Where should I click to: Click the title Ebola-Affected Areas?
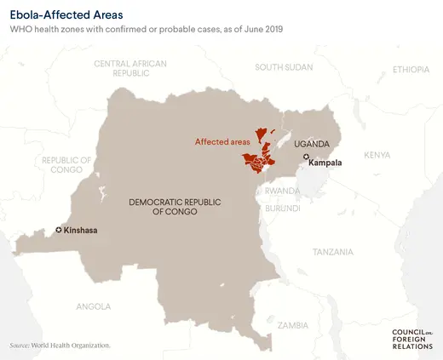[x=66, y=14]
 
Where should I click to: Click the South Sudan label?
[x=284, y=67]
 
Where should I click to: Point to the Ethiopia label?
[x=411, y=69]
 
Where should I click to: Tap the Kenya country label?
[x=377, y=155]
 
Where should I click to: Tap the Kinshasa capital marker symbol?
[x=59, y=230]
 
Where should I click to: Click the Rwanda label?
[x=282, y=191]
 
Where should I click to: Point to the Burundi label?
[x=282, y=208]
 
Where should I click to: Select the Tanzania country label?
[x=332, y=252]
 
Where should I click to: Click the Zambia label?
[x=293, y=325]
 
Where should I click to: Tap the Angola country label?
[x=93, y=306]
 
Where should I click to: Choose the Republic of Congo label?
[x=66, y=164]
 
